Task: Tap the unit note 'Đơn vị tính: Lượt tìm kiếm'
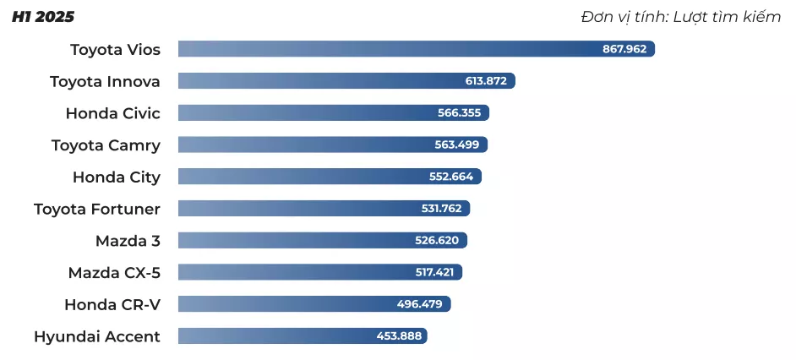[x=680, y=17]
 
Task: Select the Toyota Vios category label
[x=115, y=49]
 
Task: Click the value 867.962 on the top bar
[x=624, y=49]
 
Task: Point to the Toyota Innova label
[x=105, y=81]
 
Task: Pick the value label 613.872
[x=486, y=81]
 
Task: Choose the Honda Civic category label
[x=112, y=113]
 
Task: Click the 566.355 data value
[x=459, y=113]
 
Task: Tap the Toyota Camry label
[x=106, y=145]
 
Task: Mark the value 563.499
[x=457, y=145]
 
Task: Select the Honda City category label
[x=116, y=177]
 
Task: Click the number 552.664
[x=451, y=177]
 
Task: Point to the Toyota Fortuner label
[x=96, y=209]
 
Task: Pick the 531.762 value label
[x=441, y=209]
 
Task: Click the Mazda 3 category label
[x=128, y=241]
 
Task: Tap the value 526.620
[x=437, y=241]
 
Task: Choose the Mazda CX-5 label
[x=114, y=273]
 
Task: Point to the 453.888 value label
[x=399, y=336]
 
